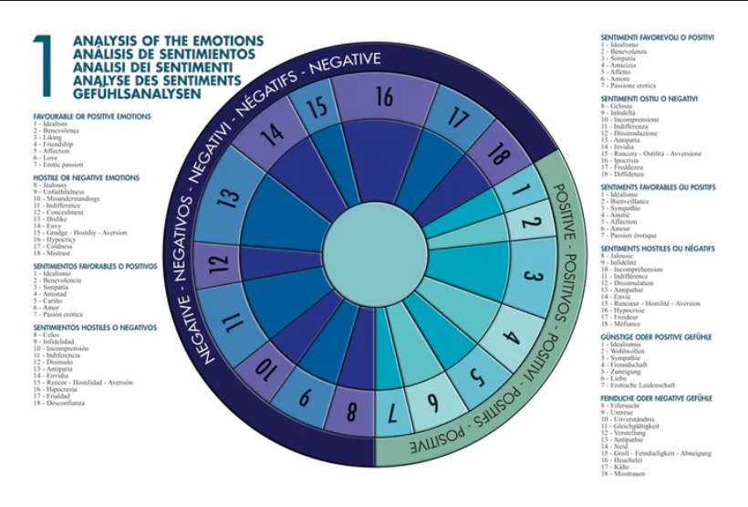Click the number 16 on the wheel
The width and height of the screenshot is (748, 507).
[x=384, y=96]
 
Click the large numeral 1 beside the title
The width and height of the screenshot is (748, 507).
[x=43, y=66]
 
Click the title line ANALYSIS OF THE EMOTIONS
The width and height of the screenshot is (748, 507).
[x=168, y=41]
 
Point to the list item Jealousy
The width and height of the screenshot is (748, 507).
[x=56, y=185]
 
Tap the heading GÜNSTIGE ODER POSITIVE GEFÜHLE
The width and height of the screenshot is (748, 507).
[x=656, y=337]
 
